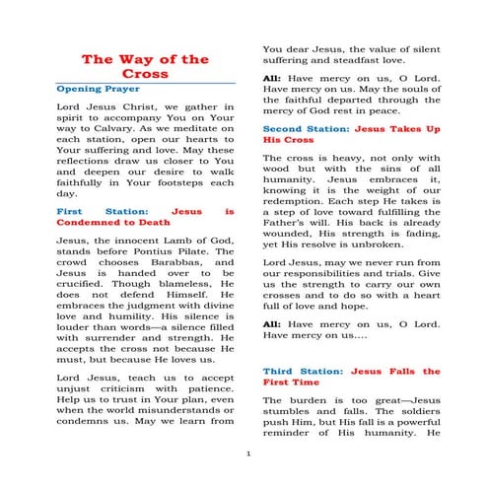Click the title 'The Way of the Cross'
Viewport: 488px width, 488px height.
click(145, 66)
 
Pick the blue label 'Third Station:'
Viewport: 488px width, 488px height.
click(299, 371)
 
